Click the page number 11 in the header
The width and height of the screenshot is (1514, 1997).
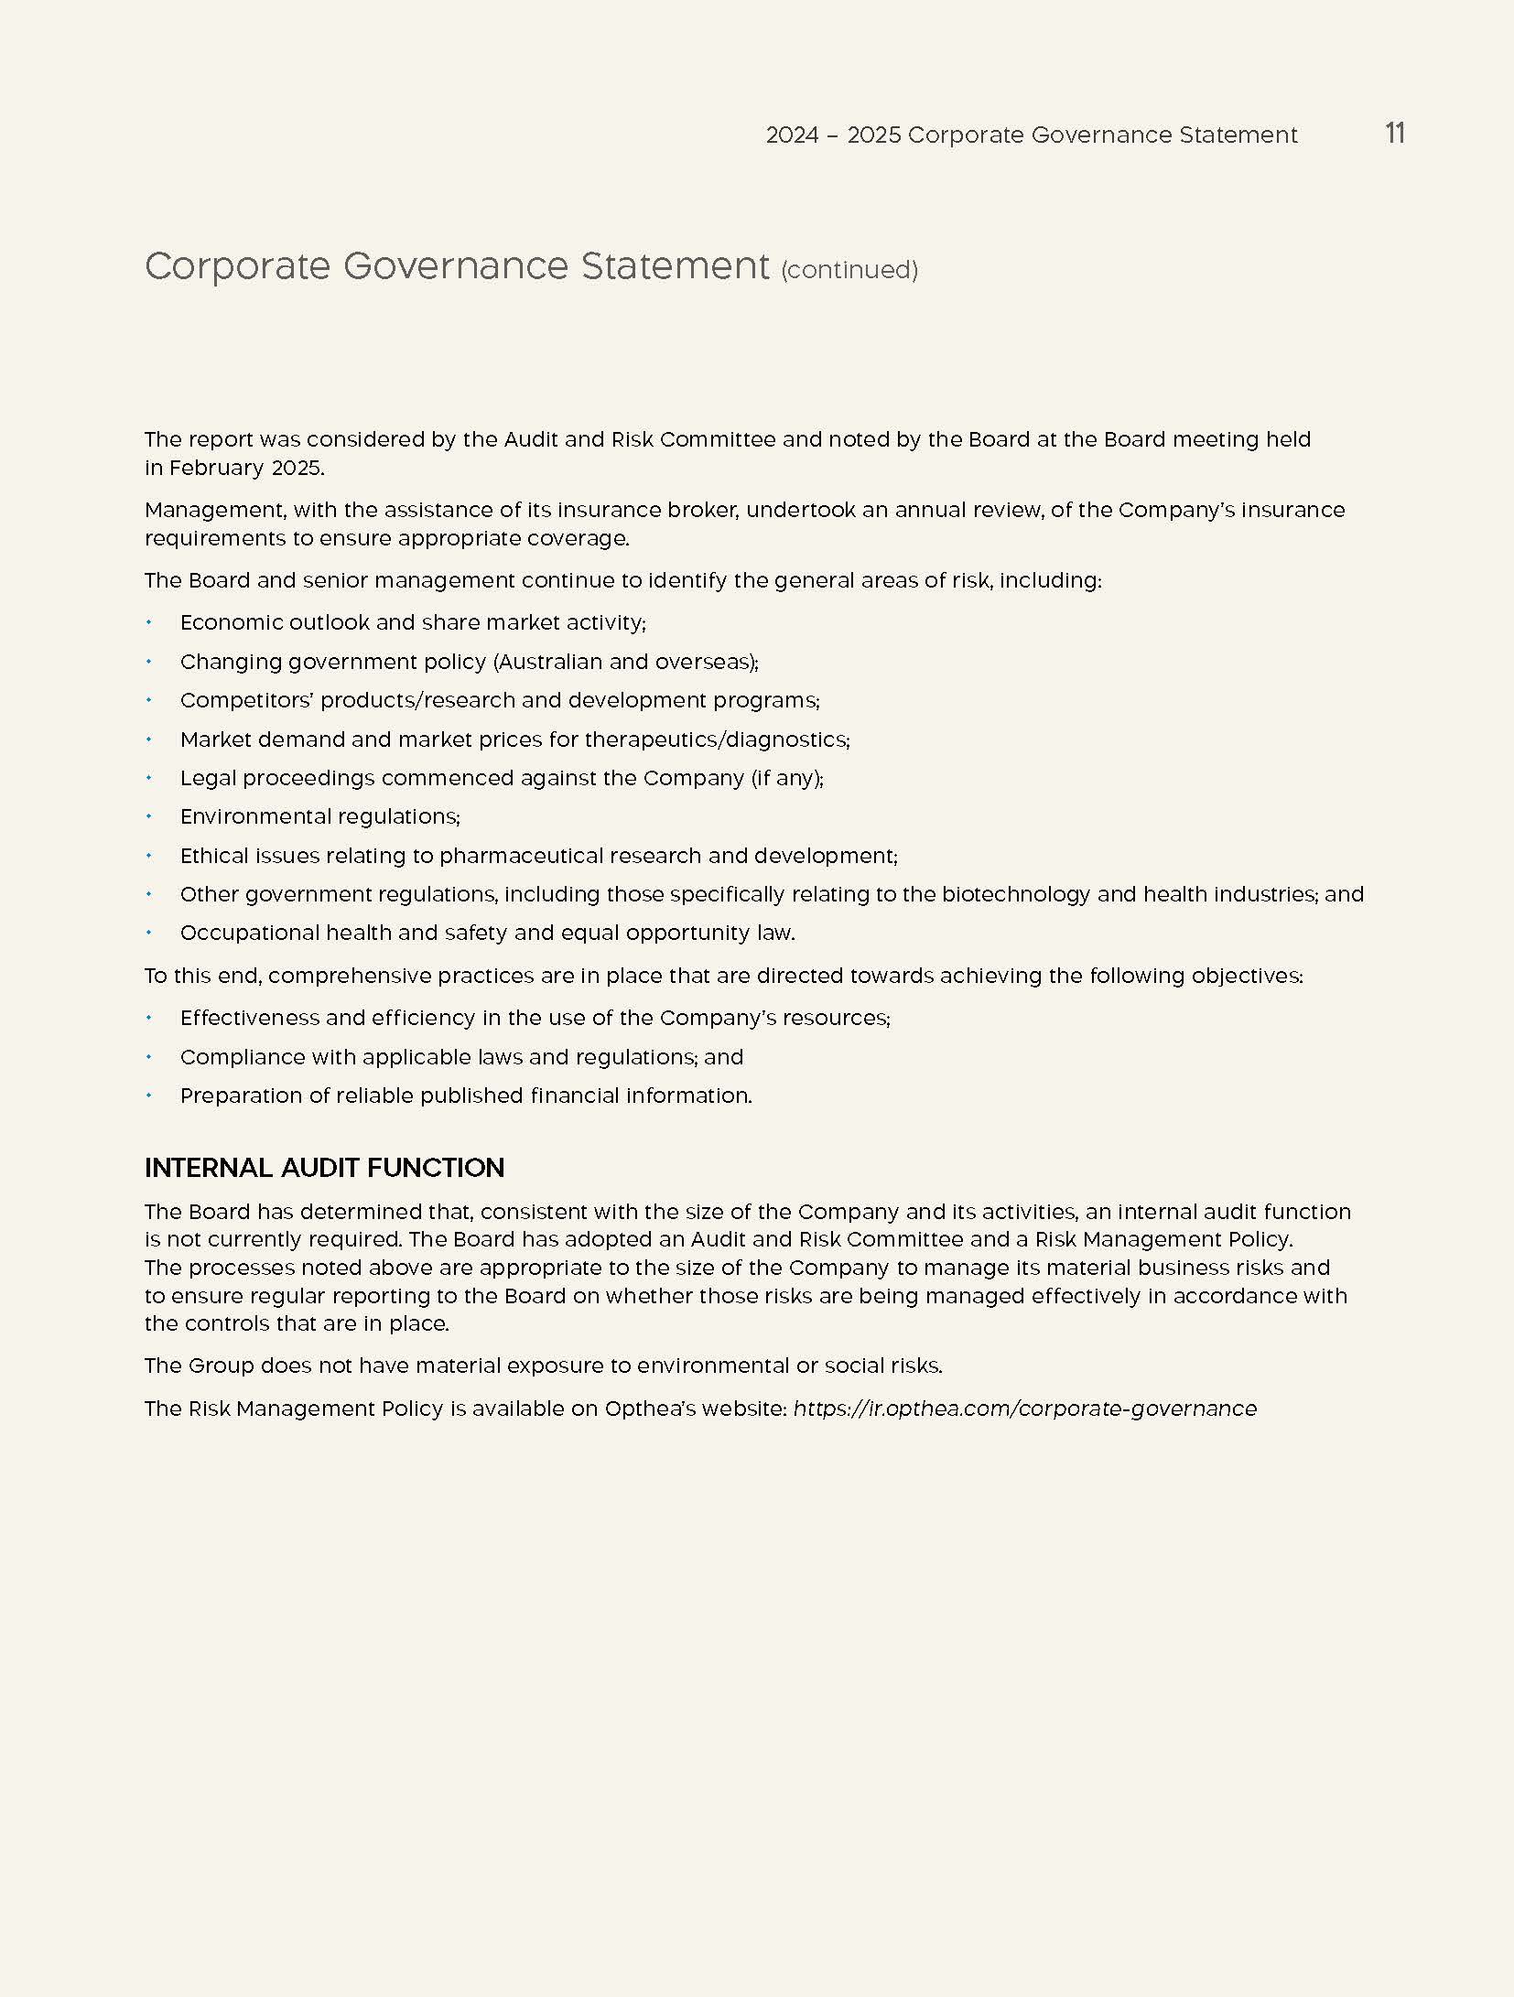[x=1394, y=134]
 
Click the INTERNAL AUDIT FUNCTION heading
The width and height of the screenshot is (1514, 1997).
[x=324, y=1168]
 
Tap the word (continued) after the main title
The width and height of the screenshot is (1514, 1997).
[x=849, y=270]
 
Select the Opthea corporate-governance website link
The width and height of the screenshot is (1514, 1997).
[x=1024, y=1409]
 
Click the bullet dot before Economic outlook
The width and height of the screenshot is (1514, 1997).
[x=148, y=622]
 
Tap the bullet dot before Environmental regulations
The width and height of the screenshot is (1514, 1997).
[x=148, y=816]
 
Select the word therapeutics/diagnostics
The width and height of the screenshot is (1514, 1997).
[x=717, y=739]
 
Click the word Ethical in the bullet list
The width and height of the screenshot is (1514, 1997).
[x=210, y=856]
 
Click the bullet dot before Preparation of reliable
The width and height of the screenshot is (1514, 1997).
[x=148, y=1096]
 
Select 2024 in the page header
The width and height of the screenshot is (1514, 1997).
[x=792, y=135]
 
